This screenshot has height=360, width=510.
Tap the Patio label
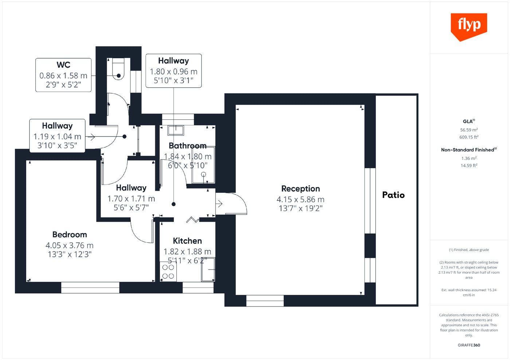point(393,195)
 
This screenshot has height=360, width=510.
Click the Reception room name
point(301,189)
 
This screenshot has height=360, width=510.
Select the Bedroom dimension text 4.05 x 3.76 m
point(70,245)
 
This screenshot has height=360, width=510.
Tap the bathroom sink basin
point(176,130)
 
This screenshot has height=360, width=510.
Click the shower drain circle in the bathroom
point(204,174)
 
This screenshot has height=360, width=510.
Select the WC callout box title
point(63,65)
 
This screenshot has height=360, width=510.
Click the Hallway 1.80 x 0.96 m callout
point(173,71)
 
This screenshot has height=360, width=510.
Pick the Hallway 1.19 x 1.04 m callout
point(57,136)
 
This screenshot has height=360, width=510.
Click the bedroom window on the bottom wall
point(90,288)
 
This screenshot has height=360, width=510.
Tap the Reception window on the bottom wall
point(265,301)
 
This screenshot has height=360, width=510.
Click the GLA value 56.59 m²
point(469,130)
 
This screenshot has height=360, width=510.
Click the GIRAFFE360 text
point(469,345)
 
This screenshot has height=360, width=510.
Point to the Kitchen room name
point(187,241)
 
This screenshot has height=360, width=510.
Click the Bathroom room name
point(188,146)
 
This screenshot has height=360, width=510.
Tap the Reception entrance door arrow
point(219,203)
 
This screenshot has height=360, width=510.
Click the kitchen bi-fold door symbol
point(192,219)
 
